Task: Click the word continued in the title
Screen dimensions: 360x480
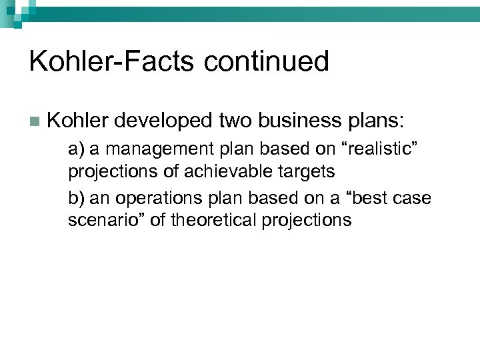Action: [267, 61]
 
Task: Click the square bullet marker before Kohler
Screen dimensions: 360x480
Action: [34, 121]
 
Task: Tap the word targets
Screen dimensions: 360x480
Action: [307, 172]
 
